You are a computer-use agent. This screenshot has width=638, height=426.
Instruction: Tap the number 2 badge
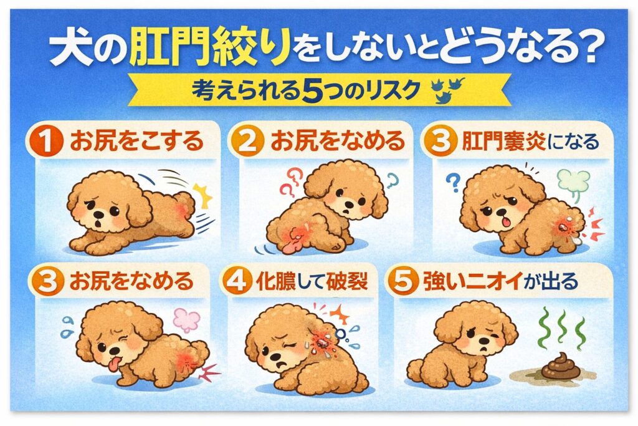247,141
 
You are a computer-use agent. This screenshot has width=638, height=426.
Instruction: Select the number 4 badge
236,281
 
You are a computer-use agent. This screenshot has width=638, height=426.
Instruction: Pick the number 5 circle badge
402,281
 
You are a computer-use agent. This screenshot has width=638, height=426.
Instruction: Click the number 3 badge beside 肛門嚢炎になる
439,141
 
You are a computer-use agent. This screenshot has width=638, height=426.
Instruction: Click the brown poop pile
560,367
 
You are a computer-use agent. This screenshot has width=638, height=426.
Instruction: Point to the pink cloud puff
187,321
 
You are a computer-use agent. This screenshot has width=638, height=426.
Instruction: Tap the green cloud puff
573,182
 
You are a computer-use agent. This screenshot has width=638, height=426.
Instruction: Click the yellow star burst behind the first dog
202,195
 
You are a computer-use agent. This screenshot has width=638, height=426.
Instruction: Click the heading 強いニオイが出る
500,281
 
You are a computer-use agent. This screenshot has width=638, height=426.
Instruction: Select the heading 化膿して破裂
312,281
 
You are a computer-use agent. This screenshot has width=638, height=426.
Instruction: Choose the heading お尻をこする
136,141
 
